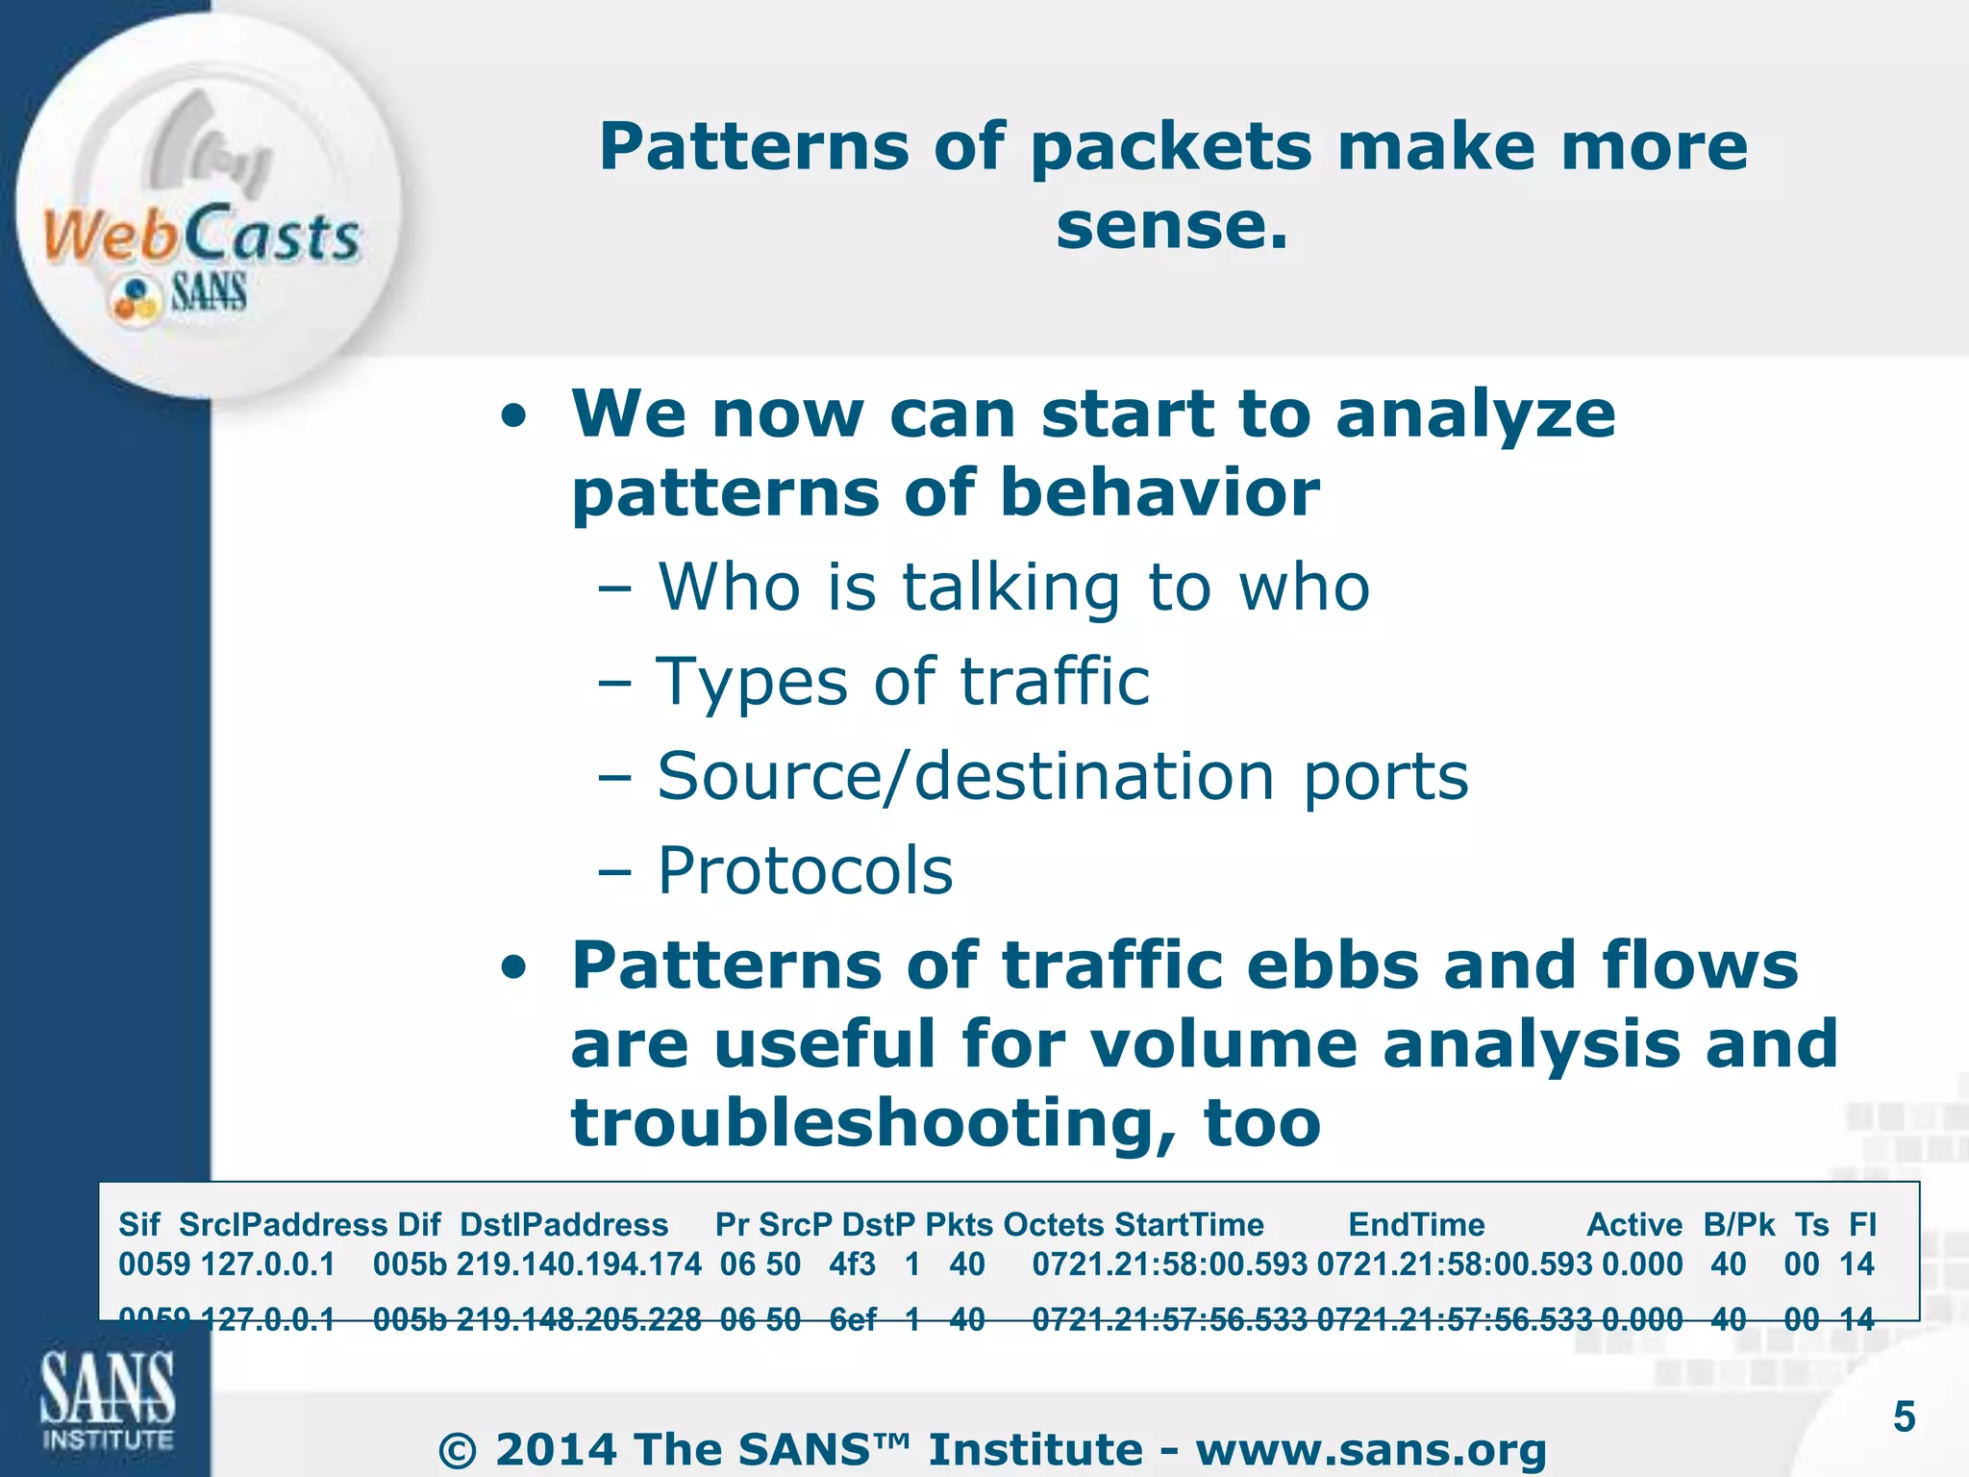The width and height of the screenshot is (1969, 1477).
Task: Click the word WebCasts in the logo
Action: click(200, 235)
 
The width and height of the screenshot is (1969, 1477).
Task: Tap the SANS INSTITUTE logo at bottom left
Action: click(107, 1398)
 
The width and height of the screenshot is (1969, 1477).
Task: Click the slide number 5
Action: click(1904, 1417)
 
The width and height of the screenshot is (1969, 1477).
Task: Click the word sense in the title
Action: click(1159, 227)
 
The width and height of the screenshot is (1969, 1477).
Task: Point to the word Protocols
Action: click(805, 870)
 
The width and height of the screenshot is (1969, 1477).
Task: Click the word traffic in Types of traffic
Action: click(1055, 682)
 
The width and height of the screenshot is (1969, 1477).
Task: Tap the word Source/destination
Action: click(965, 776)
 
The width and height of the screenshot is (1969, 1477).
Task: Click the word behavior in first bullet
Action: click(1159, 492)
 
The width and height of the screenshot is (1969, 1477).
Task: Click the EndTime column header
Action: click(1416, 1224)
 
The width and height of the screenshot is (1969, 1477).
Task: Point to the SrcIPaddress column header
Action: click(283, 1224)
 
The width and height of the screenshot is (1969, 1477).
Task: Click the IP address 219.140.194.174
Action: click(579, 1264)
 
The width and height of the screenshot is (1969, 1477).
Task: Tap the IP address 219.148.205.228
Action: click(579, 1319)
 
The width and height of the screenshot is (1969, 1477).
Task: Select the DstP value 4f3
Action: click(852, 1264)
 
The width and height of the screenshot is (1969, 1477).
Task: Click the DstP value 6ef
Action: click(852, 1319)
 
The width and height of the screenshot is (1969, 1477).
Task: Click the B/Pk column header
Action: click(1738, 1224)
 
